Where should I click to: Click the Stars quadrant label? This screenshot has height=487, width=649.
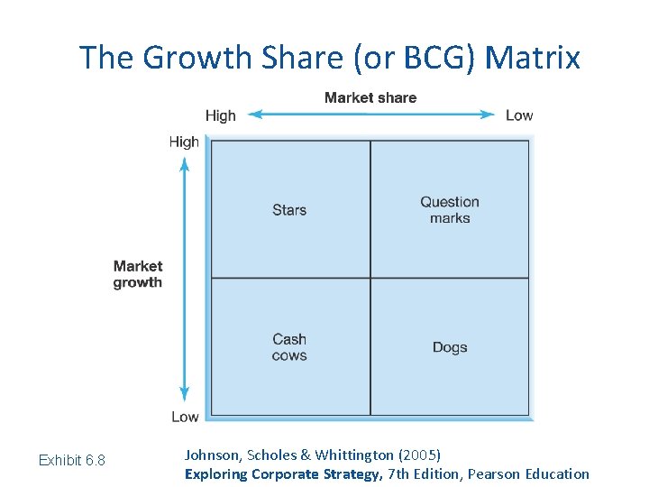click(x=289, y=210)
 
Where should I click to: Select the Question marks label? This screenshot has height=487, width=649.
click(x=450, y=210)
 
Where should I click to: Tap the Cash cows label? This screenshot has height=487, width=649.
click(x=289, y=347)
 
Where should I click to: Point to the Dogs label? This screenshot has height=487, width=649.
click(x=450, y=347)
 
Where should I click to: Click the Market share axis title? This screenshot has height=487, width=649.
click(x=370, y=97)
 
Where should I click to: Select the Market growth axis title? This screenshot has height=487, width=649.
click(x=138, y=274)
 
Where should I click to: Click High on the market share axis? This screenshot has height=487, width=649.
click(x=220, y=115)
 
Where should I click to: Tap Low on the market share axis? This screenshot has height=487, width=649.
click(x=519, y=115)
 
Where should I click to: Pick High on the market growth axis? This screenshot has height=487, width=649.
click(x=184, y=142)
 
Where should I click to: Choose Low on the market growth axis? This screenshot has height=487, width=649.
click(x=185, y=417)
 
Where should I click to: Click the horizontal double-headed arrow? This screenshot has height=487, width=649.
click(x=370, y=115)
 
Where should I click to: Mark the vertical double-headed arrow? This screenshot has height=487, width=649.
click(x=184, y=279)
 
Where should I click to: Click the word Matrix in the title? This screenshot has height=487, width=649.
click(x=533, y=58)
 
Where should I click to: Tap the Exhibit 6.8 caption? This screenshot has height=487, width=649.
click(x=72, y=461)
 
